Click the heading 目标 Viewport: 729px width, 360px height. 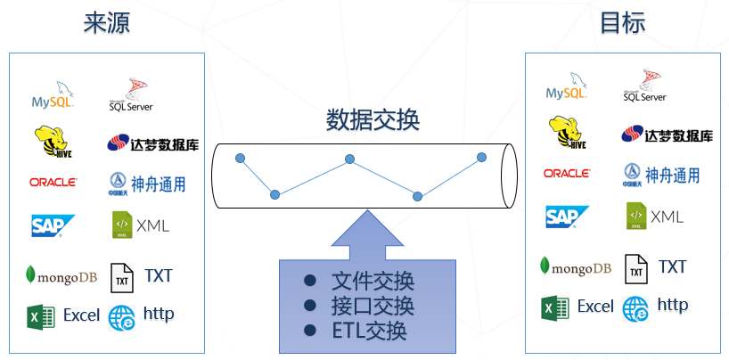[x=622, y=23]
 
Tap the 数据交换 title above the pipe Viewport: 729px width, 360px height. [x=373, y=120]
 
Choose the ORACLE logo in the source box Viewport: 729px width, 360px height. [x=53, y=182]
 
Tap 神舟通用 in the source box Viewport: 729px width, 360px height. [x=147, y=184]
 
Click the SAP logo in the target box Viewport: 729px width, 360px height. [x=568, y=217]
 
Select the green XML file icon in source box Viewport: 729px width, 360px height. [x=121, y=225]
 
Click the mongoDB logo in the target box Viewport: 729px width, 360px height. [x=576, y=267]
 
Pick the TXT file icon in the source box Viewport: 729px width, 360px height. [x=121, y=277]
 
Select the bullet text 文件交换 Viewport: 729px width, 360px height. [x=373, y=282]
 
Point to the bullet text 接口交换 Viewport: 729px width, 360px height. [x=373, y=307]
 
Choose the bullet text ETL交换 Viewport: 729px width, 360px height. [x=369, y=331]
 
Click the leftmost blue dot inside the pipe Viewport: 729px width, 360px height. [x=240, y=159]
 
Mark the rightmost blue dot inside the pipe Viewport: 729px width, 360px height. [x=481, y=158]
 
